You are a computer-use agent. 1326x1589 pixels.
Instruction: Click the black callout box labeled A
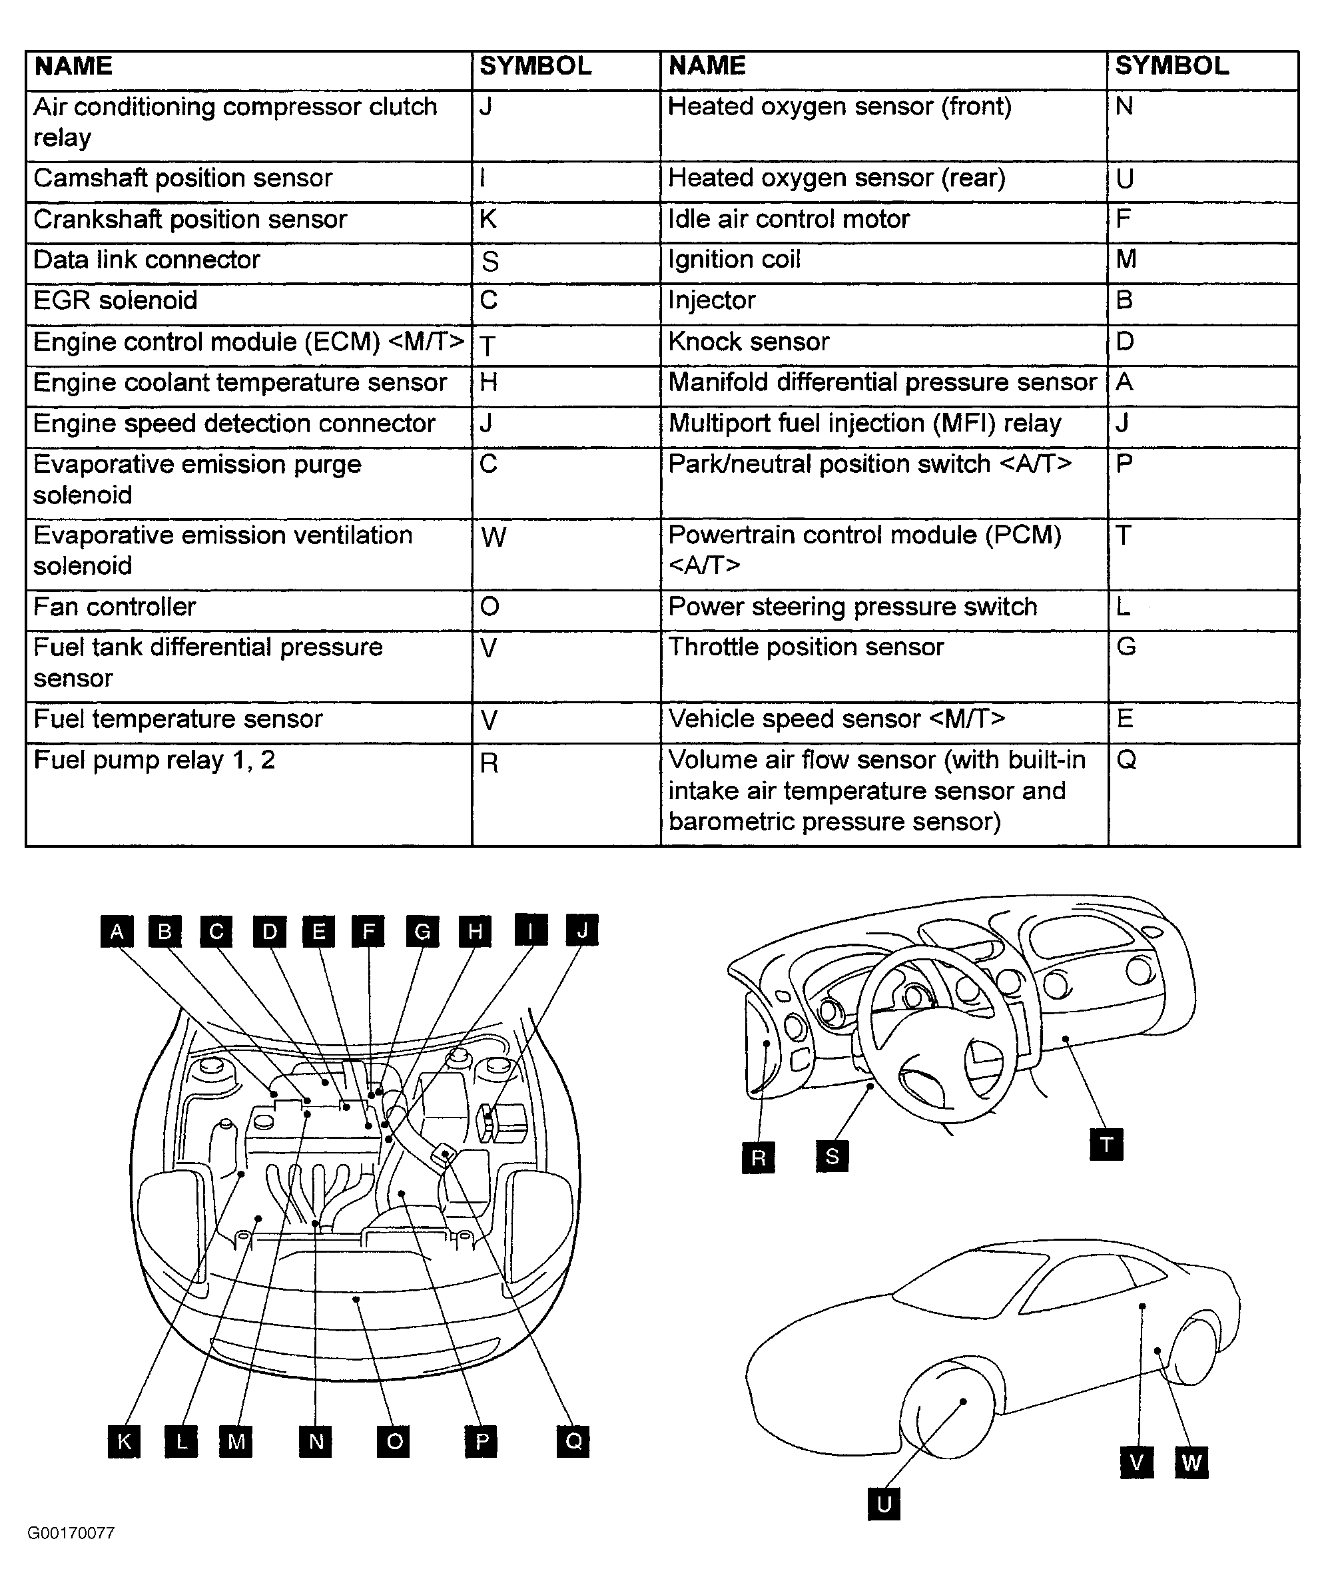point(117,931)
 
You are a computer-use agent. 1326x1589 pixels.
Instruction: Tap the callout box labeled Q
point(573,1441)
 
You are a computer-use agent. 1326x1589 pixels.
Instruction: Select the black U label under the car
point(884,1504)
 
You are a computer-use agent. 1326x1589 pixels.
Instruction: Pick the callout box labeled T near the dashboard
point(1106,1144)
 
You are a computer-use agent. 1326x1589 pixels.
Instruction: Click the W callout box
point(1191,1462)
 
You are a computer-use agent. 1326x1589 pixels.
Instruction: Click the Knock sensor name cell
point(883,342)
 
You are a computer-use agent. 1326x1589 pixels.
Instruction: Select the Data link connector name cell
point(248,260)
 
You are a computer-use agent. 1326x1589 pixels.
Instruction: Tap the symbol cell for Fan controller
point(565,607)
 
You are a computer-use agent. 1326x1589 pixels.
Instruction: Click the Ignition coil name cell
point(883,260)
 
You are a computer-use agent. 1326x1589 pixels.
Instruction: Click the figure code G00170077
point(71,1533)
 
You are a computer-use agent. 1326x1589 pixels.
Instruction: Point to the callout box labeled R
point(759,1157)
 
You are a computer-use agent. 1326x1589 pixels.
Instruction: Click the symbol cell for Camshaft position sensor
point(565,179)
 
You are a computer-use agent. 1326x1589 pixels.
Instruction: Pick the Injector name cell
point(883,301)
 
